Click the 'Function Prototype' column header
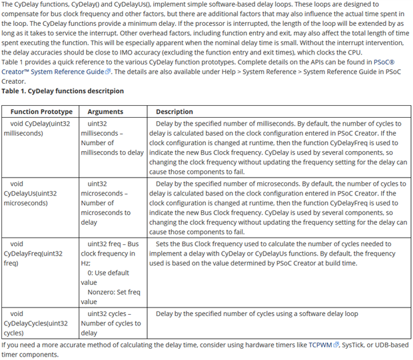click(x=41, y=112)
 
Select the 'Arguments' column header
click(x=105, y=112)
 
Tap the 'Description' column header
click(x=175, y=112)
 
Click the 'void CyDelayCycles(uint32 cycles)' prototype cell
click(x=36, y=323)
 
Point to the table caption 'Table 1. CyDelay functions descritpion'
click(x=63, y=91)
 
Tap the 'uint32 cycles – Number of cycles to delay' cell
click(x=111, y=323)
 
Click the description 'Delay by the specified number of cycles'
click(x=257, y=313)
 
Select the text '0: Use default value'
click(x=104, y=277)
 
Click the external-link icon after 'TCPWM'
click(x=336, y=345)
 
